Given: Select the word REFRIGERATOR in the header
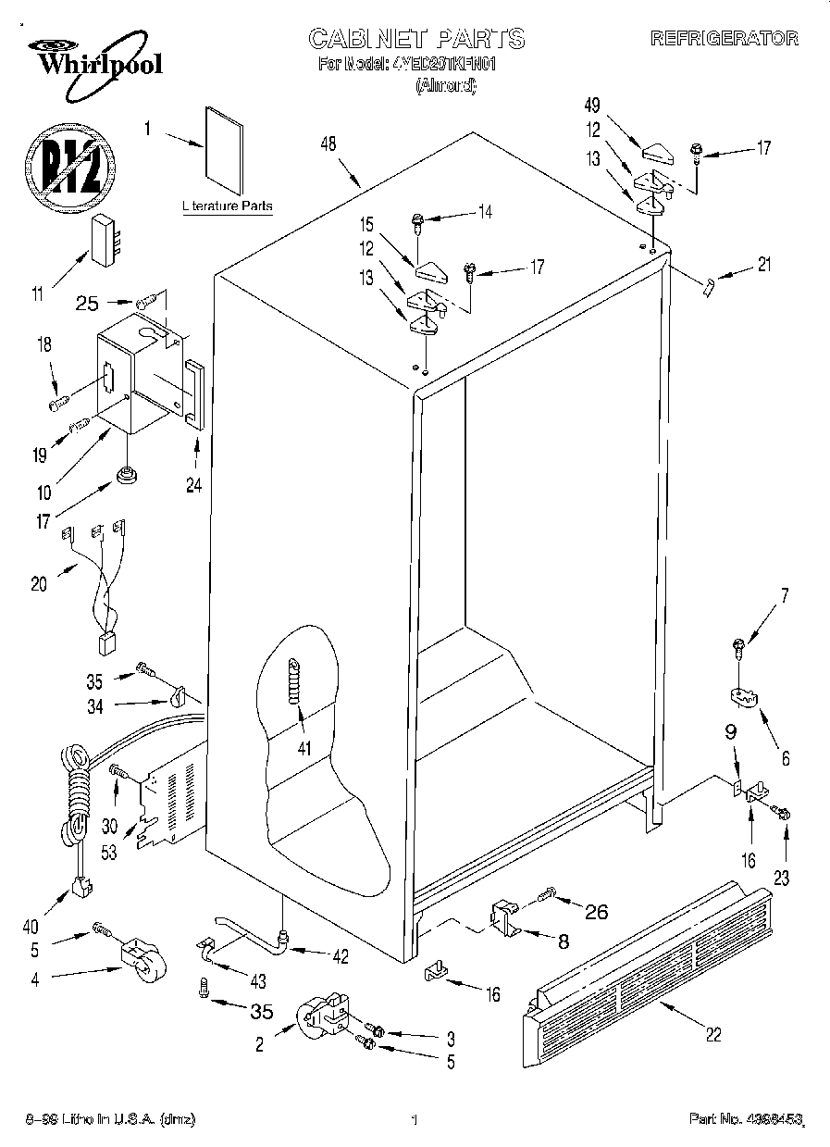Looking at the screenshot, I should tap(724, 39).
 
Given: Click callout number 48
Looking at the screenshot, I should tap(328, 143).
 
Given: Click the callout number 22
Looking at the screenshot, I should tap(712, 1034).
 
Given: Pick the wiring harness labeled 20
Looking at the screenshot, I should tap(97, 583).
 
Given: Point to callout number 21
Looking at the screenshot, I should tap(762, 266).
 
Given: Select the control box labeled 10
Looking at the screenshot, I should tap(134, 370).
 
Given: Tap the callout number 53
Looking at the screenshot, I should tap(109, 852).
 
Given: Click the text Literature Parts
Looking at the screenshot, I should tap(228, 206).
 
